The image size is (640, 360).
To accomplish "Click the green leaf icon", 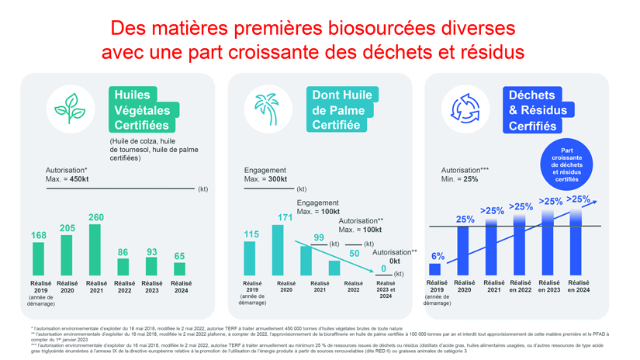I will [70, 109].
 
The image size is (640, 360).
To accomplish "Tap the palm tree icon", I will [268, 109].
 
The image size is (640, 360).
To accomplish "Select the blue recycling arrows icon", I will [465, 109].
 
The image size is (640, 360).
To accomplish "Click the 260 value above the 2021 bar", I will [96, 218].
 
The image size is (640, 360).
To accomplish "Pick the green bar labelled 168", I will [39, 258].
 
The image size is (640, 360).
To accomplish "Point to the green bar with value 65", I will [179, 268].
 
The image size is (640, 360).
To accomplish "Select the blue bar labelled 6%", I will [438, 269].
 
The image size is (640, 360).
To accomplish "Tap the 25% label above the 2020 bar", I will [465, 220].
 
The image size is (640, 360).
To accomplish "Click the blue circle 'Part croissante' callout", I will [566, 165].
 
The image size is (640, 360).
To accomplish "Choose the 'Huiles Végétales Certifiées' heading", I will [142, 110].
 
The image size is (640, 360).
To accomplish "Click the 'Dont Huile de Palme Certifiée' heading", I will [341, 110].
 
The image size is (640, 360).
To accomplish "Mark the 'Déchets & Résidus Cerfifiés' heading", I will [538, 110].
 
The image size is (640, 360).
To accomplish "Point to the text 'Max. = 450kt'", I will [67, 178].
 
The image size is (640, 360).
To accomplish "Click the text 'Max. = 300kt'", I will [265, 179].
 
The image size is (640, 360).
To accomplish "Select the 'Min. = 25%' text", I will [459, 179].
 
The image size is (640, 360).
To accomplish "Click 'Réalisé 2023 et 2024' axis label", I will [385, 290].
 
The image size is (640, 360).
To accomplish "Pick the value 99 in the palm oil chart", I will [318, 237].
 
